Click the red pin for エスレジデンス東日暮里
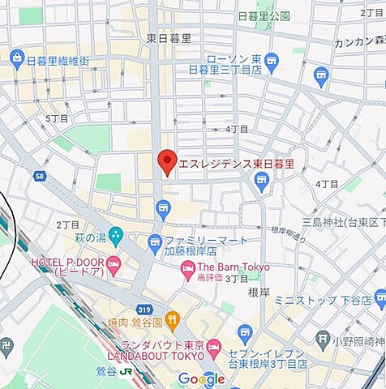[166, 161]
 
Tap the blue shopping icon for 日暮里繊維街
[17, 58]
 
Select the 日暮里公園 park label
[264, 16]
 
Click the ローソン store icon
[271, 60]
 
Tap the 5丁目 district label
[57, 118]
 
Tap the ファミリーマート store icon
[155, 242]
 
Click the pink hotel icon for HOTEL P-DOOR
[114, 263]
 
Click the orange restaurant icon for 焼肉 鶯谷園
[171, 318]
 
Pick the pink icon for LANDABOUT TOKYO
[213, 348]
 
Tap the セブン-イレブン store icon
[246, 333]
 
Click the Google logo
[201, 379]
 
